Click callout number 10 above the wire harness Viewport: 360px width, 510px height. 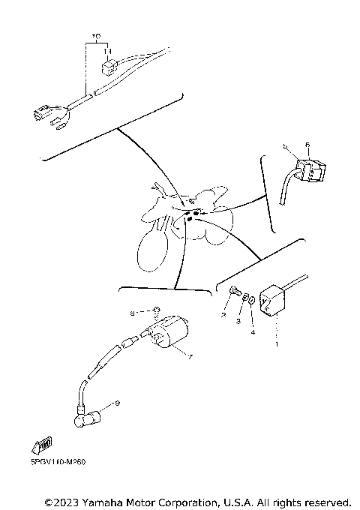click(x=95, y=36)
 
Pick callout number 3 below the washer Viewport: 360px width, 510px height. click(x=238, y=321)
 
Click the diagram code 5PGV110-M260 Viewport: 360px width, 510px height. click(x=58, y=462)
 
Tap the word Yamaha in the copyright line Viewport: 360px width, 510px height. click(x=101, y=500)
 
